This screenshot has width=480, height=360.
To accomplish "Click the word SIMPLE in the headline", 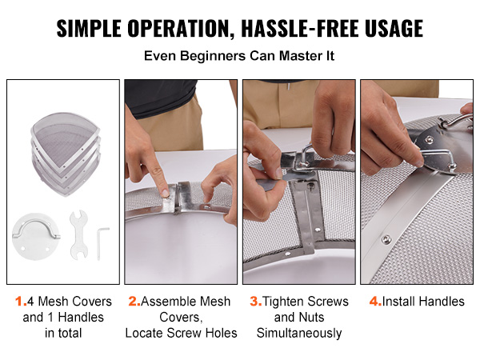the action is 89,28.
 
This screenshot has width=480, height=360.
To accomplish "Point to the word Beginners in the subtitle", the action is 213,56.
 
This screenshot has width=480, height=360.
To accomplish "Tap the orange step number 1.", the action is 20,302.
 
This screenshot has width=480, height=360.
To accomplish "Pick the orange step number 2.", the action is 134,302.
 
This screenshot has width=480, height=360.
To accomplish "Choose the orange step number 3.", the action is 256,302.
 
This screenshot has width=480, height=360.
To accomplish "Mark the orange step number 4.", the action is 375,302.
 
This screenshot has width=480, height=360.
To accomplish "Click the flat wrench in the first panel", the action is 79,235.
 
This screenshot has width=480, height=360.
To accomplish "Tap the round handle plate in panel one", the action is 36,237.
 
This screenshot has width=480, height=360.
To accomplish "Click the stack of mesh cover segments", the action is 66,154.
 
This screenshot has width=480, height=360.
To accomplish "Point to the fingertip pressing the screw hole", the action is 165,192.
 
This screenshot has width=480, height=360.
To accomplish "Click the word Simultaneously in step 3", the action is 299,333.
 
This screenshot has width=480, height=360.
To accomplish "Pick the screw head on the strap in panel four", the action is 386,238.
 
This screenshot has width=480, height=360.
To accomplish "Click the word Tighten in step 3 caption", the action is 283,302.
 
